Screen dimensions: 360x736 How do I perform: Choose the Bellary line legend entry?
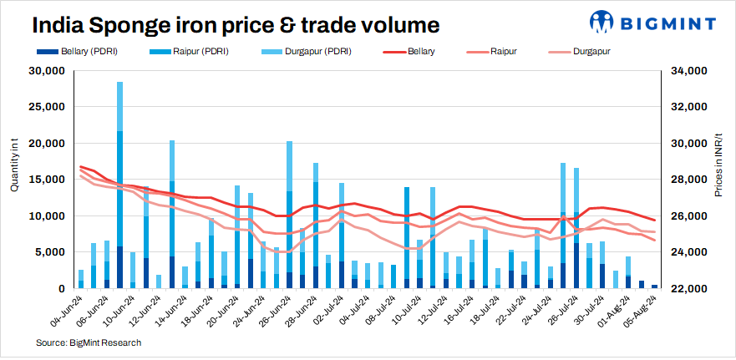point(421,52)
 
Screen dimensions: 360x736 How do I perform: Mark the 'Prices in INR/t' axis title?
point(719,164)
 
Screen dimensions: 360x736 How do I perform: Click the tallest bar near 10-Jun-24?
point(120,184)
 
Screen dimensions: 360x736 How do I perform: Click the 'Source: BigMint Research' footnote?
point(89,342)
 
